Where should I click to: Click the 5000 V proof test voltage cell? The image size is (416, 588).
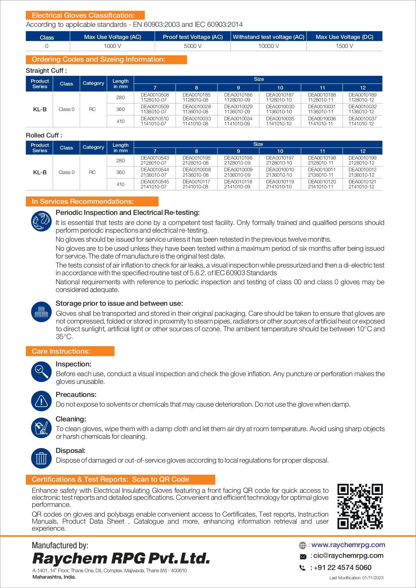click(x=192, y=46)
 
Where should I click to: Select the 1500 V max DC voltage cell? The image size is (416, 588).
click(x=344, y=46)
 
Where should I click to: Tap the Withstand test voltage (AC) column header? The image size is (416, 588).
click(x=269, y=37)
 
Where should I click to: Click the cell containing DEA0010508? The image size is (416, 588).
click(x=155, y=97)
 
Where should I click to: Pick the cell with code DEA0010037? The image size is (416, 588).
click(x=362, y=121)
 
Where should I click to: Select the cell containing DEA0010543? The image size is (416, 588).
click(x=155, y=160)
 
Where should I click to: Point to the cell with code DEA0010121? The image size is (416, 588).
click(x=362, y=184)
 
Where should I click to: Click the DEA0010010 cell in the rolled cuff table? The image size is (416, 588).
click(x=280, y=172)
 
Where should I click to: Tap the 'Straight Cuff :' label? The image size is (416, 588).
click(x=46, y=71)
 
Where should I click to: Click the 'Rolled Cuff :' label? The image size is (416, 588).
click(x=44, y=135)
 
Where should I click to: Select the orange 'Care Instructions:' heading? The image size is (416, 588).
click(x=70, y=351)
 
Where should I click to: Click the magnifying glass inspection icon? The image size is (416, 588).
click(x=41, y=371)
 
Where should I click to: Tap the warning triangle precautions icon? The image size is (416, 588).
click(x=41, y=401)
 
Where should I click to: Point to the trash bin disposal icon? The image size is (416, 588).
click(x=41, y=458)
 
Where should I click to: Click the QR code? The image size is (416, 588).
click(x=360, y=506)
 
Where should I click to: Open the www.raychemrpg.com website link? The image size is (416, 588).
click(x=348, y=545)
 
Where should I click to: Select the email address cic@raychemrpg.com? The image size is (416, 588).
click(x=348, y=555)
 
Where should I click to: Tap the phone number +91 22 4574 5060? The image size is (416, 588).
click(x=342, y=568)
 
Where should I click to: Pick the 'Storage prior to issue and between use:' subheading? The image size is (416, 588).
click(x=119, y=303)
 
